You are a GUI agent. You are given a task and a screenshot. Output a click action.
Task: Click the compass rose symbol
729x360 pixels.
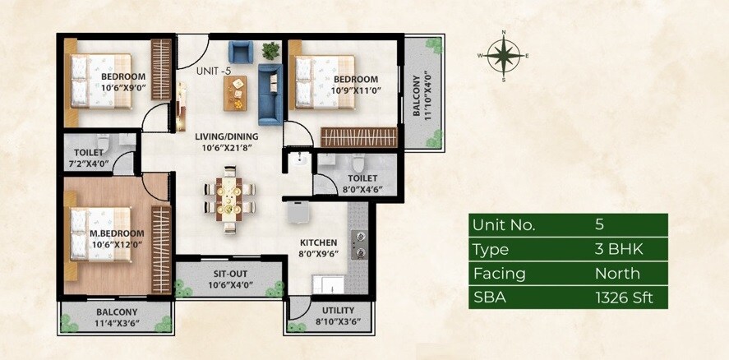(x=503, y=56)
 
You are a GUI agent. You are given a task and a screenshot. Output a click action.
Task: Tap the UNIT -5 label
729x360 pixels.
(x=213, y=71)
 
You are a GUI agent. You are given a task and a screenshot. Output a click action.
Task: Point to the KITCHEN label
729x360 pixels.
(x=318, y=242)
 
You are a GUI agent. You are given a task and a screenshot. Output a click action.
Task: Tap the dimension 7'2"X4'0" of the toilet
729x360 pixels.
(x=89, y=165)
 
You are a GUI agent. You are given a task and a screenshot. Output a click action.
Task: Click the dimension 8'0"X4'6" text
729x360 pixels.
(x=362, y=189)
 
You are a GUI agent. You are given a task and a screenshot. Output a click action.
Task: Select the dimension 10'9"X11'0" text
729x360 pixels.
(x=355, y=91)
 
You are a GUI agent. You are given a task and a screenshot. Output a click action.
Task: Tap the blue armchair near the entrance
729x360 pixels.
(x=240, y=53)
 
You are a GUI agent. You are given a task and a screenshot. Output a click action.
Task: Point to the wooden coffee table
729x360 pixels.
(x=235, y=97)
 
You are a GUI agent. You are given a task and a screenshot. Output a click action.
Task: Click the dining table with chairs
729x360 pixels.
(x=228, y=196)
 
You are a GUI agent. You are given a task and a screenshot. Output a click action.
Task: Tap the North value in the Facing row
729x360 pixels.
(x=617, y=274)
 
